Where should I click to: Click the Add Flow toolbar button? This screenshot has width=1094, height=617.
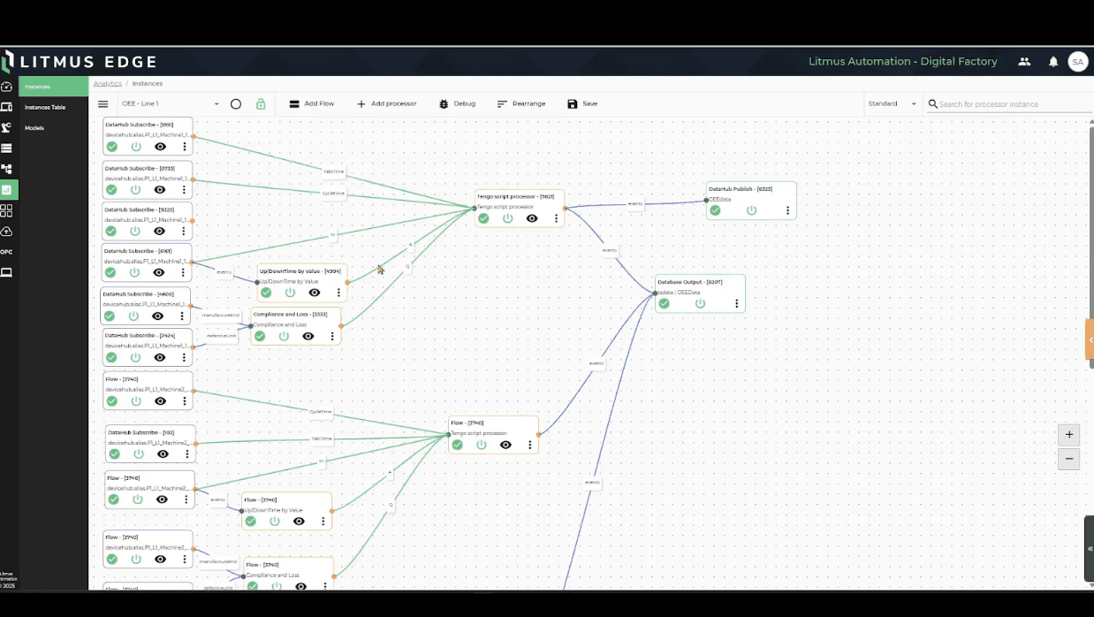click(312, 103)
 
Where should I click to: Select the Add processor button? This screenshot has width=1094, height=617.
click(386, 103)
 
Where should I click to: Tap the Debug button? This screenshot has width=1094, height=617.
click(457, 103)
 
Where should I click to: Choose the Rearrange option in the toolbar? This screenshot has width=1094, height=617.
click(520, 103)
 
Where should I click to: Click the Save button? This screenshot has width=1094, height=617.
click(582, 103)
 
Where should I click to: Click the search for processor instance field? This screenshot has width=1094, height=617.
click(1013, 104)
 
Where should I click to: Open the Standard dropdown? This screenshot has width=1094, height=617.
click(892, 103)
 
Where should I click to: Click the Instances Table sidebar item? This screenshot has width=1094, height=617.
click(45, 107)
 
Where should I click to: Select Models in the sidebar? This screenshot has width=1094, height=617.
click(34, 128)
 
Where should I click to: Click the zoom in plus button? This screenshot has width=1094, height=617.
click(1069, 435)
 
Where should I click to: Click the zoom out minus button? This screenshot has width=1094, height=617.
click(1069, 459)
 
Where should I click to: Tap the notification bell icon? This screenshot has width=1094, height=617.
click(1053, 62)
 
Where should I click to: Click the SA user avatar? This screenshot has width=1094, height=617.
click(1077, 62)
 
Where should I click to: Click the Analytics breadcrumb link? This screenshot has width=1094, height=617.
click(108, 83)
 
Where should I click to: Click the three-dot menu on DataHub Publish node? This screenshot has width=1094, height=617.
click(787, 211)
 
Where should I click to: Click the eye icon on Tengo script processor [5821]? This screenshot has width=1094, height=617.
click(532, 218)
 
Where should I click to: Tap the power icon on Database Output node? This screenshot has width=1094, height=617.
click(700, 304)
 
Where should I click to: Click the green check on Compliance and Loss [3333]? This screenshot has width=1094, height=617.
click(260, 336)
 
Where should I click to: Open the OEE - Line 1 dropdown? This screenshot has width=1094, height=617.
click(171, 103)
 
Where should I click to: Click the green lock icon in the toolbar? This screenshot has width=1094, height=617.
click(261, 103)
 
